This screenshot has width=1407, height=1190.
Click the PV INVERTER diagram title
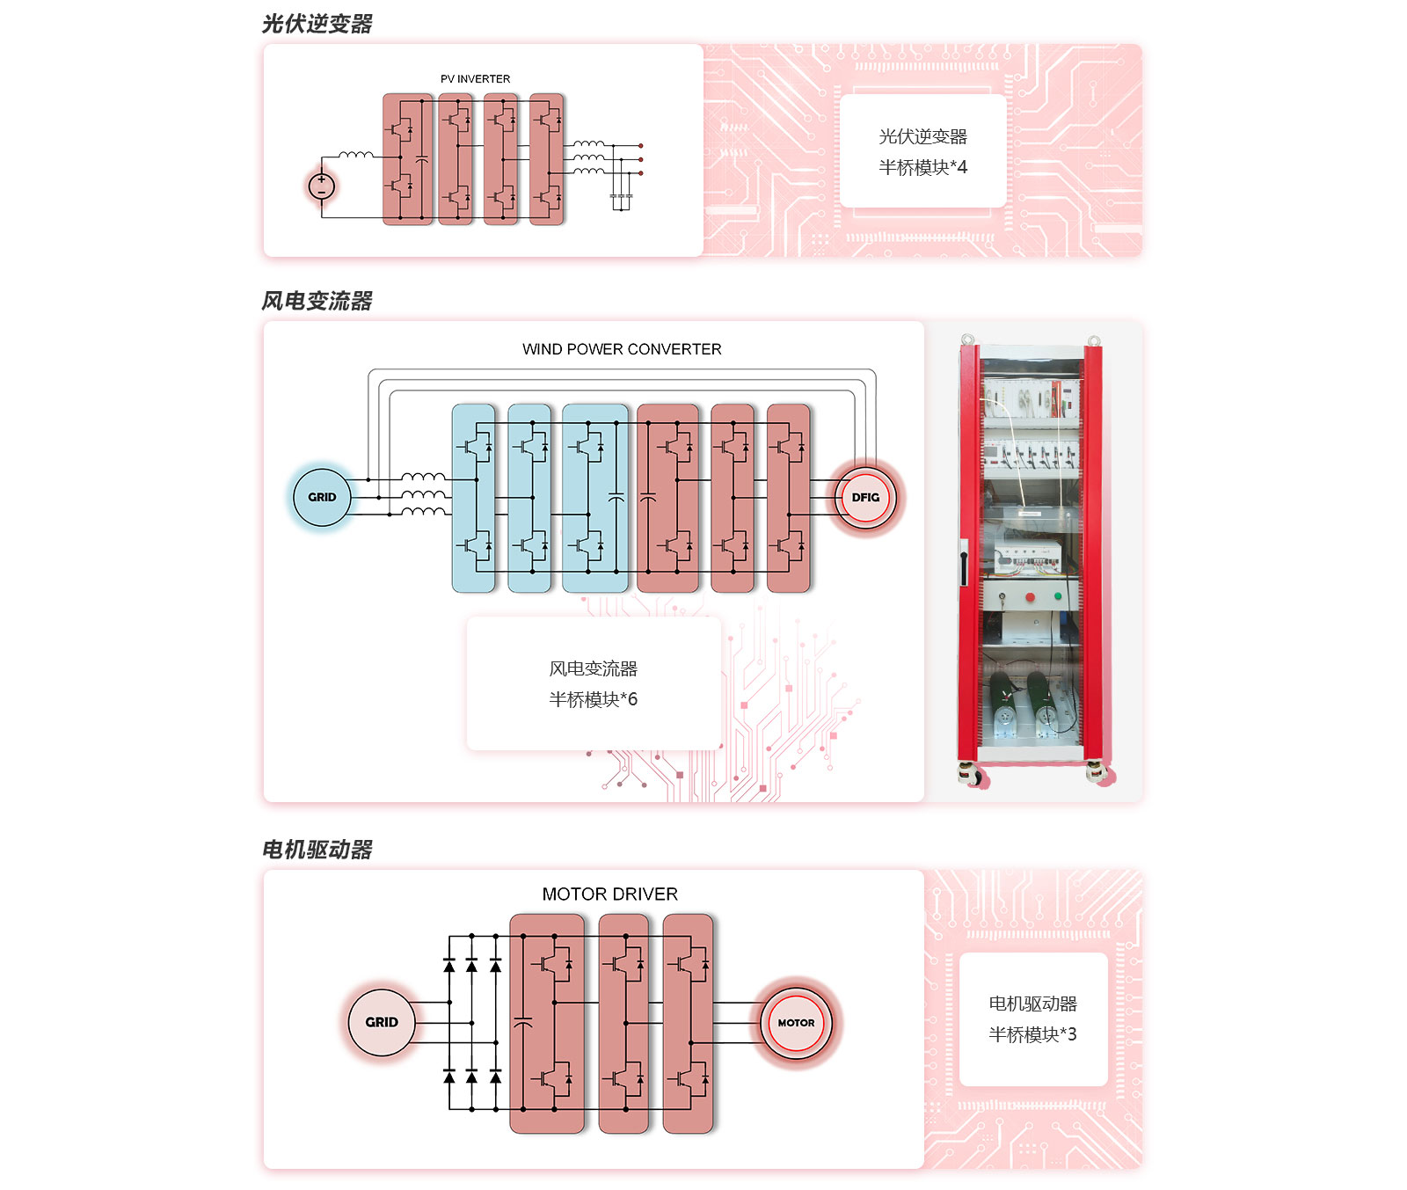click(475, 79)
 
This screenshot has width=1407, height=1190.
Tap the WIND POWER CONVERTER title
click(622, 349)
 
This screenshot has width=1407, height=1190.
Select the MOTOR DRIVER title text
click(609, 894)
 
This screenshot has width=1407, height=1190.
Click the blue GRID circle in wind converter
click(322, 497)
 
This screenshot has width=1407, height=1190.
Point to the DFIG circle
click(865, 497)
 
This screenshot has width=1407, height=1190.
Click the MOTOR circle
click(796, 1022)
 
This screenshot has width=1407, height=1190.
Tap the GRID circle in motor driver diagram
click(382, 1022)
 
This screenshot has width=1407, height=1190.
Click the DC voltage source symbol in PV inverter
click(322, 186)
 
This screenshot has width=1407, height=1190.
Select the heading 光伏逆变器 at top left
click(317, 24)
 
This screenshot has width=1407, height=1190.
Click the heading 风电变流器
click(317, 301)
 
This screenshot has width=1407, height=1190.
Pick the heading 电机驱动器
click(317, 850)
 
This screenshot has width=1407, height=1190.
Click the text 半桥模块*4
click(922, 167)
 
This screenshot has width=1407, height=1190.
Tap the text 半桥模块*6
click(594, 699)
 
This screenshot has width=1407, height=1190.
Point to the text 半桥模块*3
click(1032, 1034)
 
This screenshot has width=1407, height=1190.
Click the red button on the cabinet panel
click(1030, 598)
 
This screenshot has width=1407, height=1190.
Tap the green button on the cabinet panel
click(1058, 596)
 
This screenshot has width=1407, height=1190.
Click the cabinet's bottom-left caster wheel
click(972, 775)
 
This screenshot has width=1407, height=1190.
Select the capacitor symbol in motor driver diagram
click(522, 1023)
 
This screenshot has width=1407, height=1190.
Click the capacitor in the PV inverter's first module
click(421, 160)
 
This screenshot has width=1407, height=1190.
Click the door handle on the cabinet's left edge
click(965, 563)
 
